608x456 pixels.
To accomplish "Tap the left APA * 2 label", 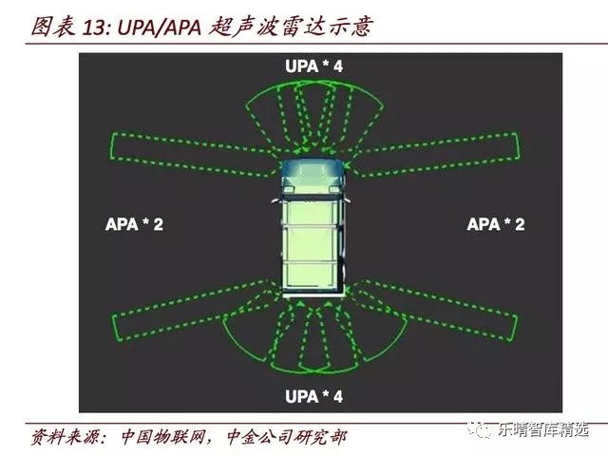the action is [135, 224].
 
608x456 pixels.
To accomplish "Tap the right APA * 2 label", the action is [496, 224].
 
